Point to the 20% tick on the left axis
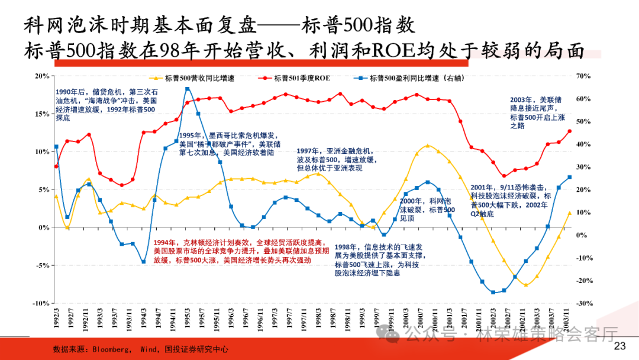pyautogui.click(x=41, y=76)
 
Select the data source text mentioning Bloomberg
pyautogui.click(x=140, y=349)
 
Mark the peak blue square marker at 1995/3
pyautogui.click(x=187, y=89)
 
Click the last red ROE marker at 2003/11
pyautogui.click(x=569, y=131)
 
